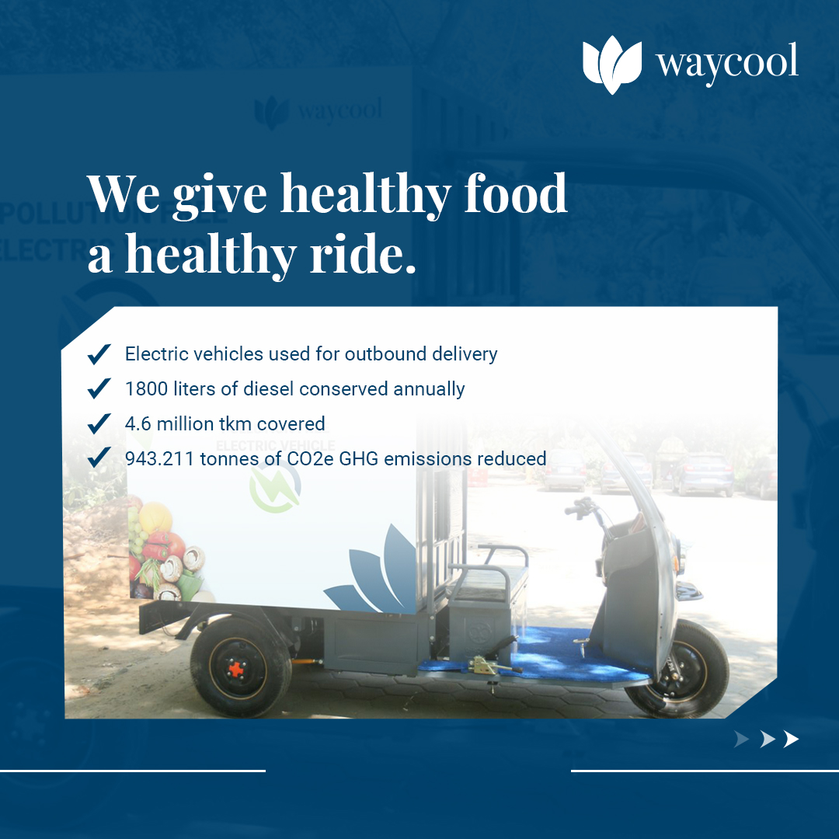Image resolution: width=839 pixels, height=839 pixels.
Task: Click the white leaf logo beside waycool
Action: (612, 64)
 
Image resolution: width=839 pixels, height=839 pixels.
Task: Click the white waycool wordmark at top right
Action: (726, 62)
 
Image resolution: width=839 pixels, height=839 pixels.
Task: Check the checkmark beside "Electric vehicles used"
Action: (99, 354)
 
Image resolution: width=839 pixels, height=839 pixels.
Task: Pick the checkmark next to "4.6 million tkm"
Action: (99, 424)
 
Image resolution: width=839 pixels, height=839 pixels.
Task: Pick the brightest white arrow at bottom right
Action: (791, 740)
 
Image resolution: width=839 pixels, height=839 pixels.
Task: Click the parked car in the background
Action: (703, 474)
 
